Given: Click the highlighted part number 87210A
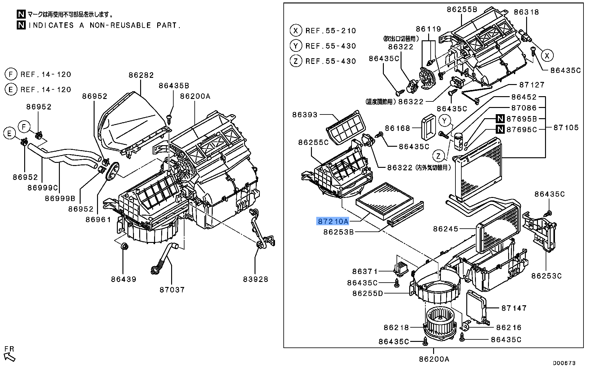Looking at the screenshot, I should click(332, 221).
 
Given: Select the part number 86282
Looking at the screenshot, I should click(141, 75).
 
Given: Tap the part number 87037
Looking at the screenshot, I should click(172, 289).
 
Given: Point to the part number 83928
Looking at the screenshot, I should click(255, 279).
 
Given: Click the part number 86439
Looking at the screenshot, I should click(124, 279).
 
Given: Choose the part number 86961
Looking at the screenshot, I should click(98, 220).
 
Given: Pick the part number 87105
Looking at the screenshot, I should click(566, 128).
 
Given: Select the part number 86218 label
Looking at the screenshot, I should click(396, 327).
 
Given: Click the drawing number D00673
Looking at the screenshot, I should click(564, 363).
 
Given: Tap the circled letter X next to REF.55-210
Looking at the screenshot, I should click(296, 30).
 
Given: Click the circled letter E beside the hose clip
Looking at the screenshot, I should click(10, 133).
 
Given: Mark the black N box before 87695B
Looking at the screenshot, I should click(499, 119).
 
